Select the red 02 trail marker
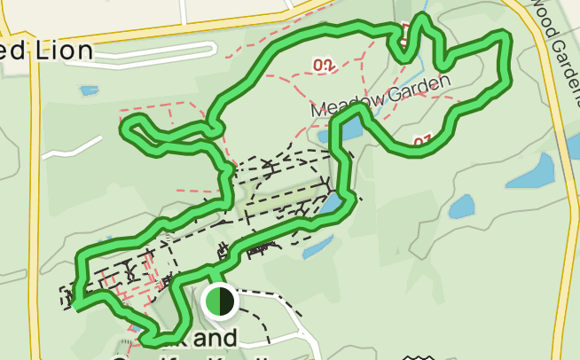tap(323, 64)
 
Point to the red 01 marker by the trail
tap(421, 139)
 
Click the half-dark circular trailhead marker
tap(218, 301)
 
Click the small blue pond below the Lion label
tap(89, 90)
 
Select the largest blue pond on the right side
tap(532, 170)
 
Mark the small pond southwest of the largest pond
tap(461, 207)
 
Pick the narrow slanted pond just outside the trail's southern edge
tap(318, 246)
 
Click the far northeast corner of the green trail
tap(506, 38)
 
